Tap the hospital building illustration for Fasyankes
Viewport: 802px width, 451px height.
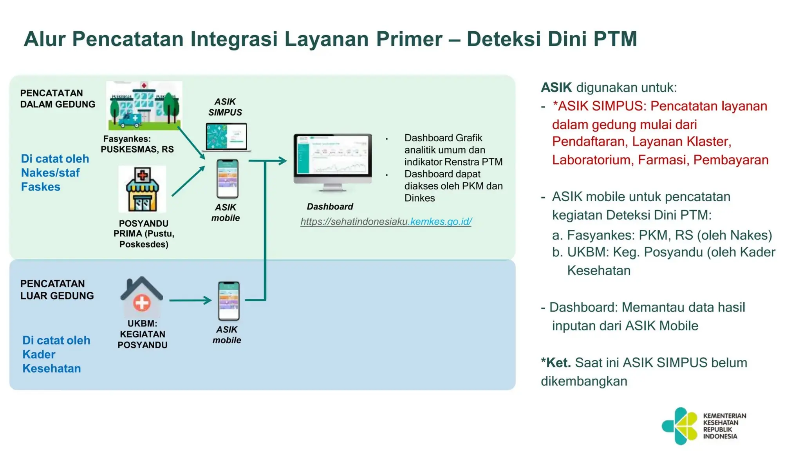pos(144,106)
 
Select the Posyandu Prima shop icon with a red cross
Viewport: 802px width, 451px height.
pos(142,189)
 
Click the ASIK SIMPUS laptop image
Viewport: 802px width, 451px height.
pos(226,137)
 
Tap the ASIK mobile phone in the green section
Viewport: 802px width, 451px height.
pos(228,179)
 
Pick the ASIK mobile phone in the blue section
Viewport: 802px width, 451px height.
pos(229,301)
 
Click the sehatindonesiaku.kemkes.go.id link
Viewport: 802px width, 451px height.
pos(386,222)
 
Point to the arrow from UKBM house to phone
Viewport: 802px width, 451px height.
pos(190,300)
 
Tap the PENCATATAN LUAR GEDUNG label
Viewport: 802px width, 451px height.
pos(57,290)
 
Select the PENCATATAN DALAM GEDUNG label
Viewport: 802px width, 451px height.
pos(58,99)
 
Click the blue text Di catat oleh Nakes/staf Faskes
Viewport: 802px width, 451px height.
pos(55,173)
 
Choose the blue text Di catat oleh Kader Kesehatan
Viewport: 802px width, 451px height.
pos(56,354)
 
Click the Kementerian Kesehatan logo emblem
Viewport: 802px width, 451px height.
pos(679,426)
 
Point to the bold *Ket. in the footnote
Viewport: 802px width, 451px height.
pos(555,363)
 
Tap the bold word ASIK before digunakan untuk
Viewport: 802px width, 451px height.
pos(556,87)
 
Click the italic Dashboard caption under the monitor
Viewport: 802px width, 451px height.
pos(330,206)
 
